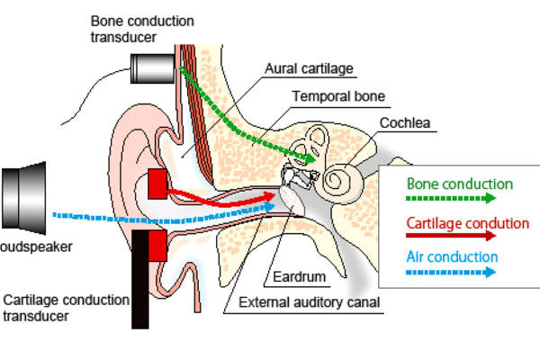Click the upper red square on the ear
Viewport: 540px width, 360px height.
click(157, 184)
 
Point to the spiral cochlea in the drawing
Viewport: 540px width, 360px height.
click(343, 179)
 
